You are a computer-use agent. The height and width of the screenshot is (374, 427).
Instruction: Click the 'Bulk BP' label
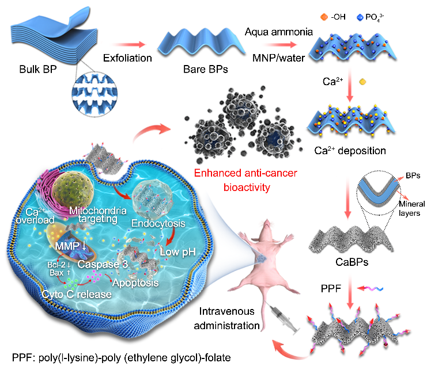point(38,69)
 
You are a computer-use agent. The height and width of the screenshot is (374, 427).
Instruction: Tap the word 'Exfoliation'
point(127,58)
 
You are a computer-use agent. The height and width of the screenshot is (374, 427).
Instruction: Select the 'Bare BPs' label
point(206,69)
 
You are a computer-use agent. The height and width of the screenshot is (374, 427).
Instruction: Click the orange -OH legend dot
point(324,17)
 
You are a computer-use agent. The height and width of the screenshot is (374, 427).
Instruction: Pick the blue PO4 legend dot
point(360,17)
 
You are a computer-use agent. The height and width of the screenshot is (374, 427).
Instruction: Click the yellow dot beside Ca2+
point(362,82)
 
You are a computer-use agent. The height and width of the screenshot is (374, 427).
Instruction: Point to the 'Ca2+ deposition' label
point(350,150)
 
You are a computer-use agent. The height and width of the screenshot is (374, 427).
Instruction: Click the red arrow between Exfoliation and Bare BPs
point(129,44)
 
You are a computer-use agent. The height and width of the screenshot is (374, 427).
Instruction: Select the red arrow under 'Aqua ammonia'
point(280,44)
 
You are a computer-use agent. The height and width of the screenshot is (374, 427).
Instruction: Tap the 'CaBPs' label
point(352,262)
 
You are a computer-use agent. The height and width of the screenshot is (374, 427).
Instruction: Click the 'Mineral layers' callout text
point(411,208)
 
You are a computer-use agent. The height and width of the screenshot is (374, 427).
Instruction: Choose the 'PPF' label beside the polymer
point(331,289)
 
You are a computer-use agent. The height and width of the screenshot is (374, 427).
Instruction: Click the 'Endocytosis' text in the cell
point(158,223)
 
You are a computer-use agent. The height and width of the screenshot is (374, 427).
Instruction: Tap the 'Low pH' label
point(178,252)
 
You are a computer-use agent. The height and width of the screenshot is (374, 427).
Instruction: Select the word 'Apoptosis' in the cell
point(135,283)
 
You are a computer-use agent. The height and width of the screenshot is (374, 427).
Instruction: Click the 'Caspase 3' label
point(103,264)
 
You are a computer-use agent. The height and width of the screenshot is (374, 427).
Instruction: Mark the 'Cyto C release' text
point(77,294)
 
